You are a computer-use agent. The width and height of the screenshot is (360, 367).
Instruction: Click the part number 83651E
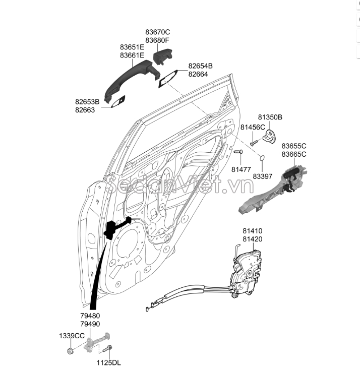(132, 47)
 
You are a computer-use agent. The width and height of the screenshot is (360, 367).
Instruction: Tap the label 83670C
(158, 32)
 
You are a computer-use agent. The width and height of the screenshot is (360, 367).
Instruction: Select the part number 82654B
(201, 66)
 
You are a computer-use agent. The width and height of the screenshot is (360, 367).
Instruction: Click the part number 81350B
(270, 117)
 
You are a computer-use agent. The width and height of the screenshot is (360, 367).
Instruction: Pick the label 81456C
(253, 127)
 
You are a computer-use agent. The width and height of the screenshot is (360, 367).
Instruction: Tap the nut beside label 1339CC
(72, 347)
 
